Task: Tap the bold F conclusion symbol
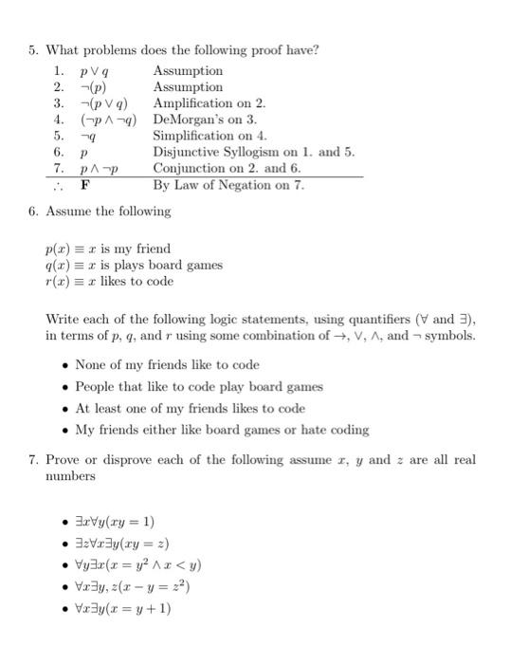pos(84,185)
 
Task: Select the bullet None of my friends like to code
pos(166,365)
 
